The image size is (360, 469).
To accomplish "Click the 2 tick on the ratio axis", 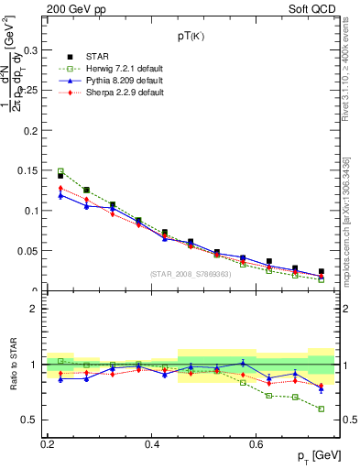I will (x=37, y=309).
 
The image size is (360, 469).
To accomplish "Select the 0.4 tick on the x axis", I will (x=152, y=442).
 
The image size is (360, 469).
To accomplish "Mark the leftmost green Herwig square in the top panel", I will (x=60, y=171).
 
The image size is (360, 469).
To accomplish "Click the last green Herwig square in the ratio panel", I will (x=321, y=409).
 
